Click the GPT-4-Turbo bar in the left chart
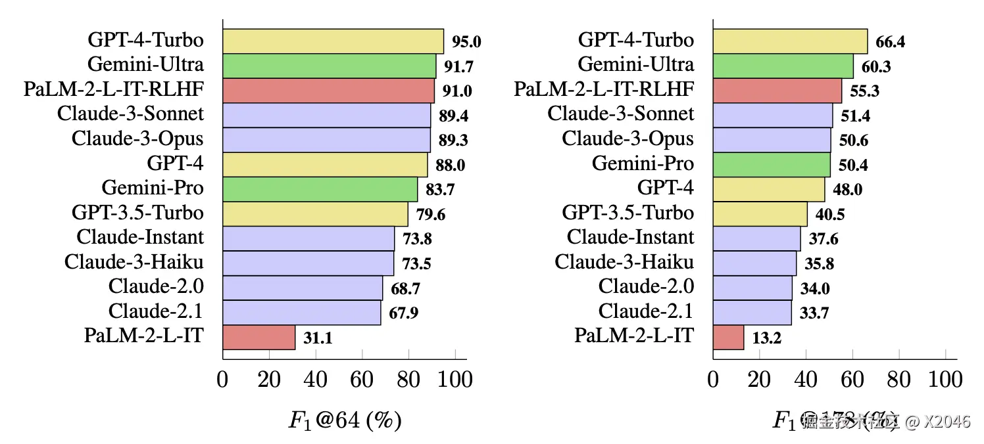333,41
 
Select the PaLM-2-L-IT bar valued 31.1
259,337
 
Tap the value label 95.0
466,43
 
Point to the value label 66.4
891,43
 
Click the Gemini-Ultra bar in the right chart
783,66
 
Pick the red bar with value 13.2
728,337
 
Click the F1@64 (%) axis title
345,420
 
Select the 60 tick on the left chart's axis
362,380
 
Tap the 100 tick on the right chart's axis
946,380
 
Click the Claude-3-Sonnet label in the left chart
130,114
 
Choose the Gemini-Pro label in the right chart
643,163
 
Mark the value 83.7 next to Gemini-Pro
440,190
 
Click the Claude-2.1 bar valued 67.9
302,312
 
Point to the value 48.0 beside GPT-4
847,190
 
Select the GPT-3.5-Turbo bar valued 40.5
760,213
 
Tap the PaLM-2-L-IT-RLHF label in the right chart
604,89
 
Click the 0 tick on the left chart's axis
223,380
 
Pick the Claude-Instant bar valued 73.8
308,238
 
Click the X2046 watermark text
947,422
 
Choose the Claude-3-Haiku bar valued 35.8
754,263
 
